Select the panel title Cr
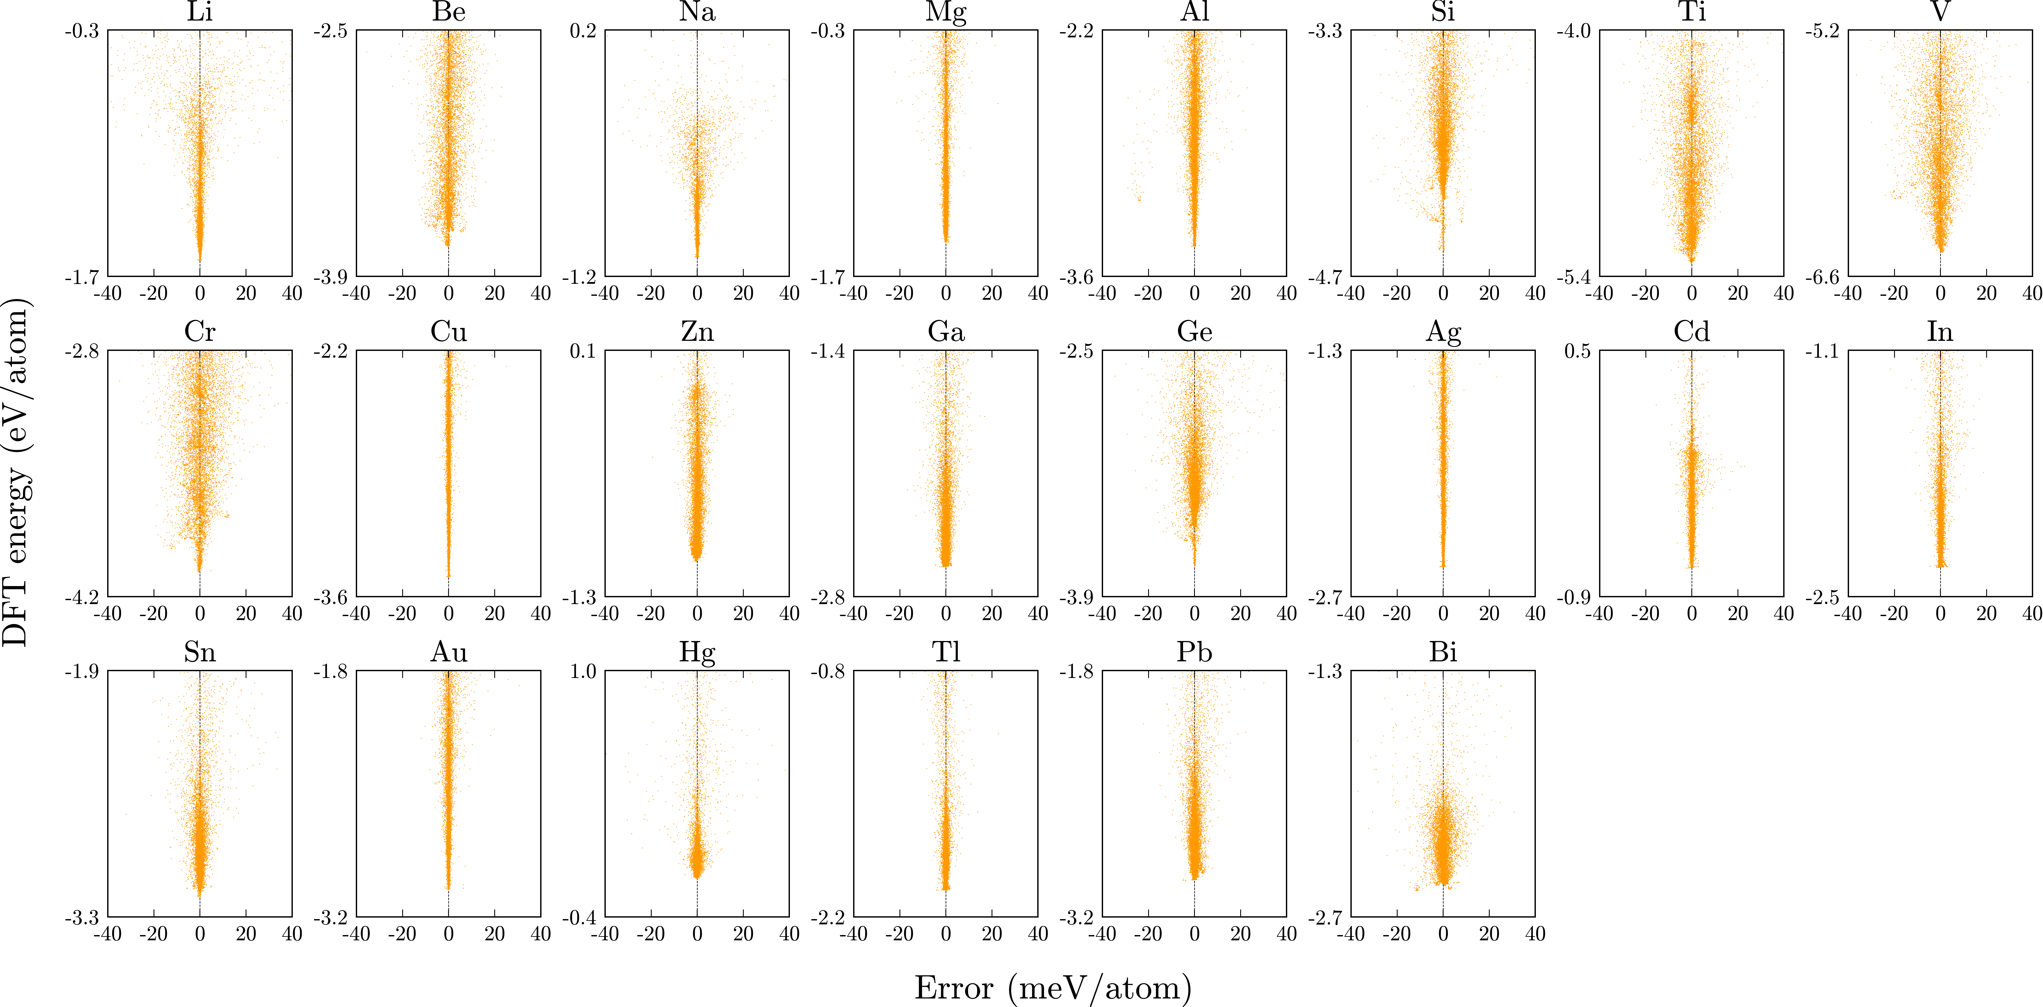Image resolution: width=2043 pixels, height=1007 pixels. [200, 331]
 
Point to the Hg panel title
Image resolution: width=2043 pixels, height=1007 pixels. [697, 653]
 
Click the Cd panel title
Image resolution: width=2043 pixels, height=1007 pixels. [1692, 331]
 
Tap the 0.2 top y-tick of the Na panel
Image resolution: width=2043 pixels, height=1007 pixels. [583, 31]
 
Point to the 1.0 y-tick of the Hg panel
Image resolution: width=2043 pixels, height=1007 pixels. [583, 672]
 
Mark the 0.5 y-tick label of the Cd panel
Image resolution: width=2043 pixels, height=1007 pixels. [1577, 351]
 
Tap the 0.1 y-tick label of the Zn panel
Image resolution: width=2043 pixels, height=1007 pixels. [583, 351]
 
